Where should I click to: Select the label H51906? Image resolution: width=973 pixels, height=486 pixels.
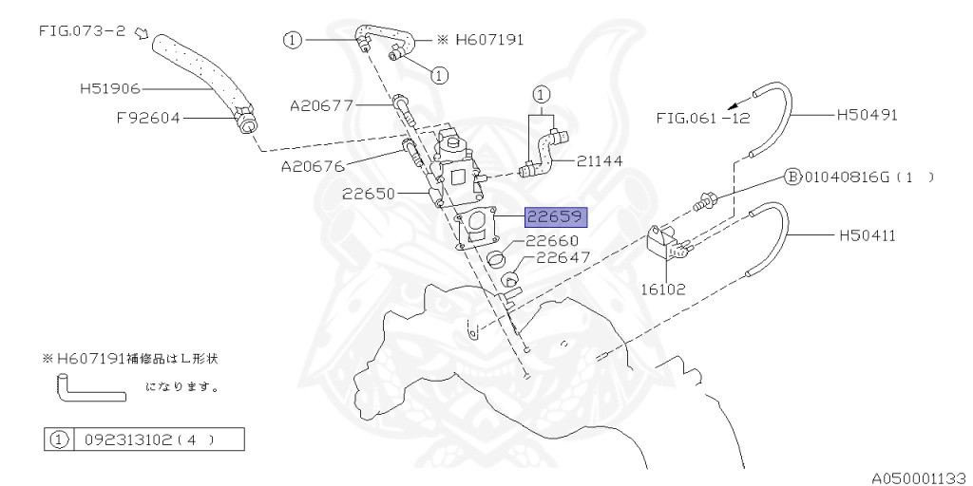point(109,89)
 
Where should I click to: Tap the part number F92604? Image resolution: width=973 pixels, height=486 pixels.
point(147,119)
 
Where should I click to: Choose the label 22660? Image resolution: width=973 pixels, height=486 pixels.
point(558,242)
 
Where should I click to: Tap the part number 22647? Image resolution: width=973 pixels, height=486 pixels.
point(563,258)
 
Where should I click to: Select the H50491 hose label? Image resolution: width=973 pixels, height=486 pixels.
point(868,115)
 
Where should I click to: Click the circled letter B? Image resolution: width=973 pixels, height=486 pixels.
point(791,177)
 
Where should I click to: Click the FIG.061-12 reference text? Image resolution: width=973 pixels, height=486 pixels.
point(697,119)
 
